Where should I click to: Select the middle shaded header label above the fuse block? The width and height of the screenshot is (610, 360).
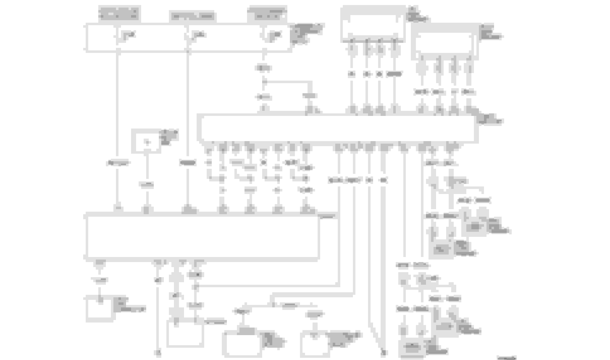(x=193, y=16)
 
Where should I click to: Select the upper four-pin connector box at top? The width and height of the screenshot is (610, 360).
(x=373, y=23)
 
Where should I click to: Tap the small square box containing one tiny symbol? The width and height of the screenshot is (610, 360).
(x=147, y=142)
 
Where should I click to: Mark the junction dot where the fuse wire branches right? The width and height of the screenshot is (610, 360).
(x=264, y=82)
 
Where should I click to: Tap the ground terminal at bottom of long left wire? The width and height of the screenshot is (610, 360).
(x=158, y=353)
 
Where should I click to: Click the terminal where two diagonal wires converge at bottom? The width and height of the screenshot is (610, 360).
(x=383, y=353)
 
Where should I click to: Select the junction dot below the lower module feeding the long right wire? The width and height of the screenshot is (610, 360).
(x=196, y=287)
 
